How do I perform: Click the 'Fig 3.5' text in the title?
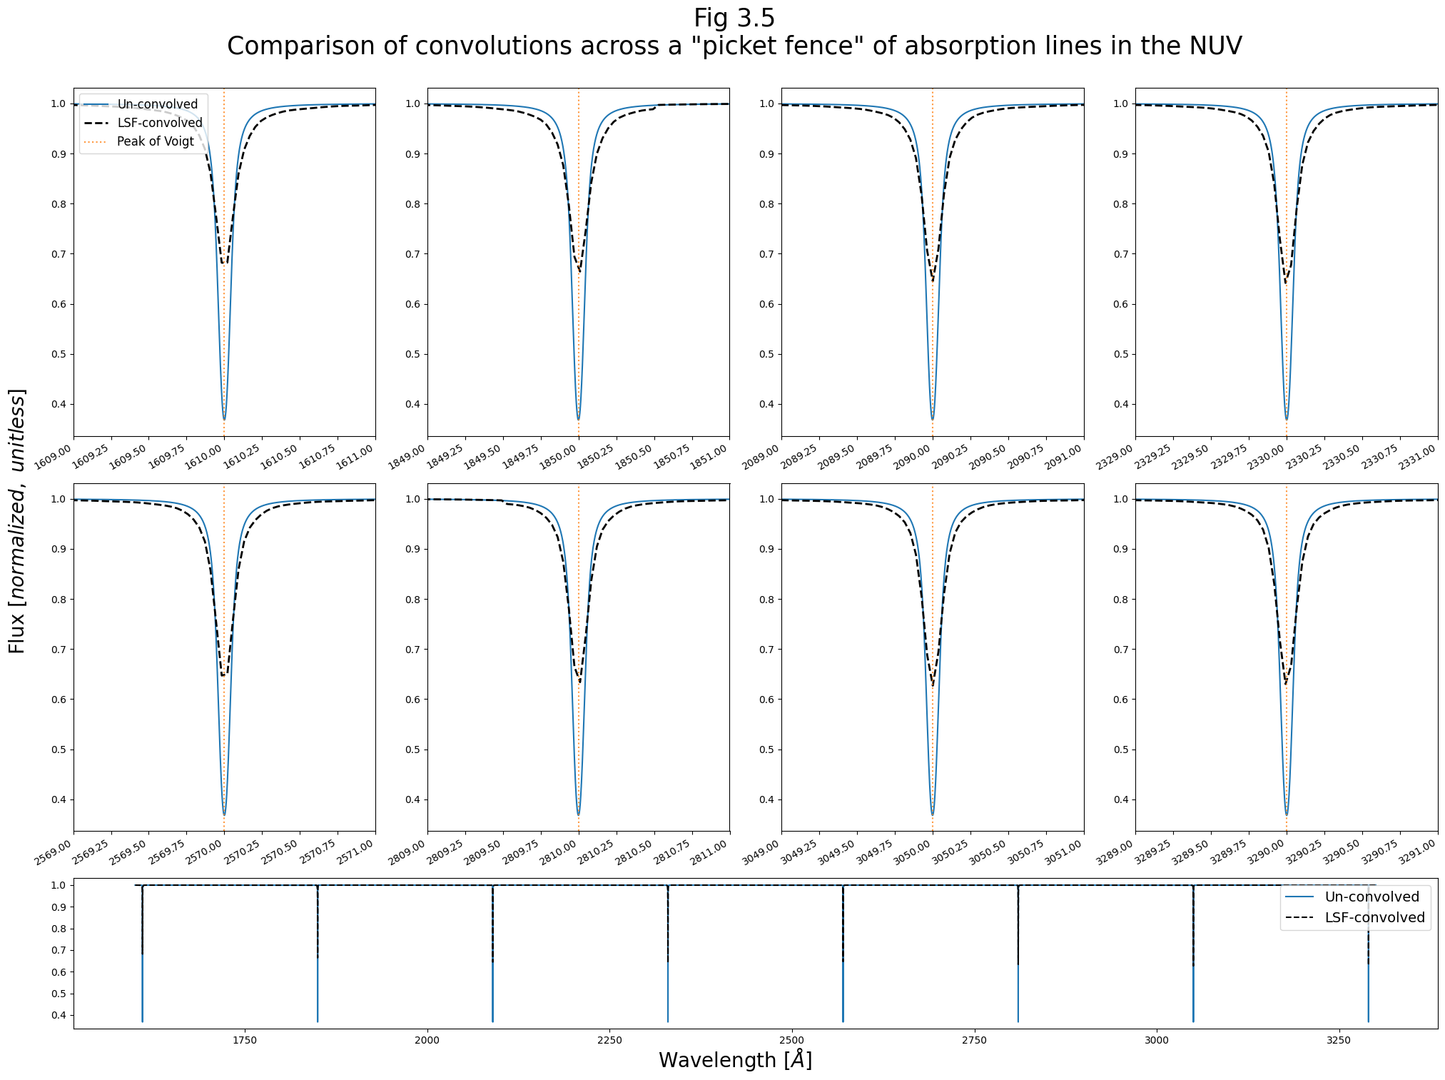click(734, 19)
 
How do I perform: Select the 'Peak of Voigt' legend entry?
click(155, 141)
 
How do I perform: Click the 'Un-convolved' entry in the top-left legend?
click(157, 104)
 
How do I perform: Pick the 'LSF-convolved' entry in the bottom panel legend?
click(1374, 917)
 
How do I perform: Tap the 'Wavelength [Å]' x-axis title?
click(735, 1060)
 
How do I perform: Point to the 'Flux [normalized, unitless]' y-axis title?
click(17, 521)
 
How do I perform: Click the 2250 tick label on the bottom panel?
click(609, 1040)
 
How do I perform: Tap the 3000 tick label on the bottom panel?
click(1156, 1040)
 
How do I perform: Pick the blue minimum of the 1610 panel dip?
click(224, 418)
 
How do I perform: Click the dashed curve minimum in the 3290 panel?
click(1286, 684)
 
